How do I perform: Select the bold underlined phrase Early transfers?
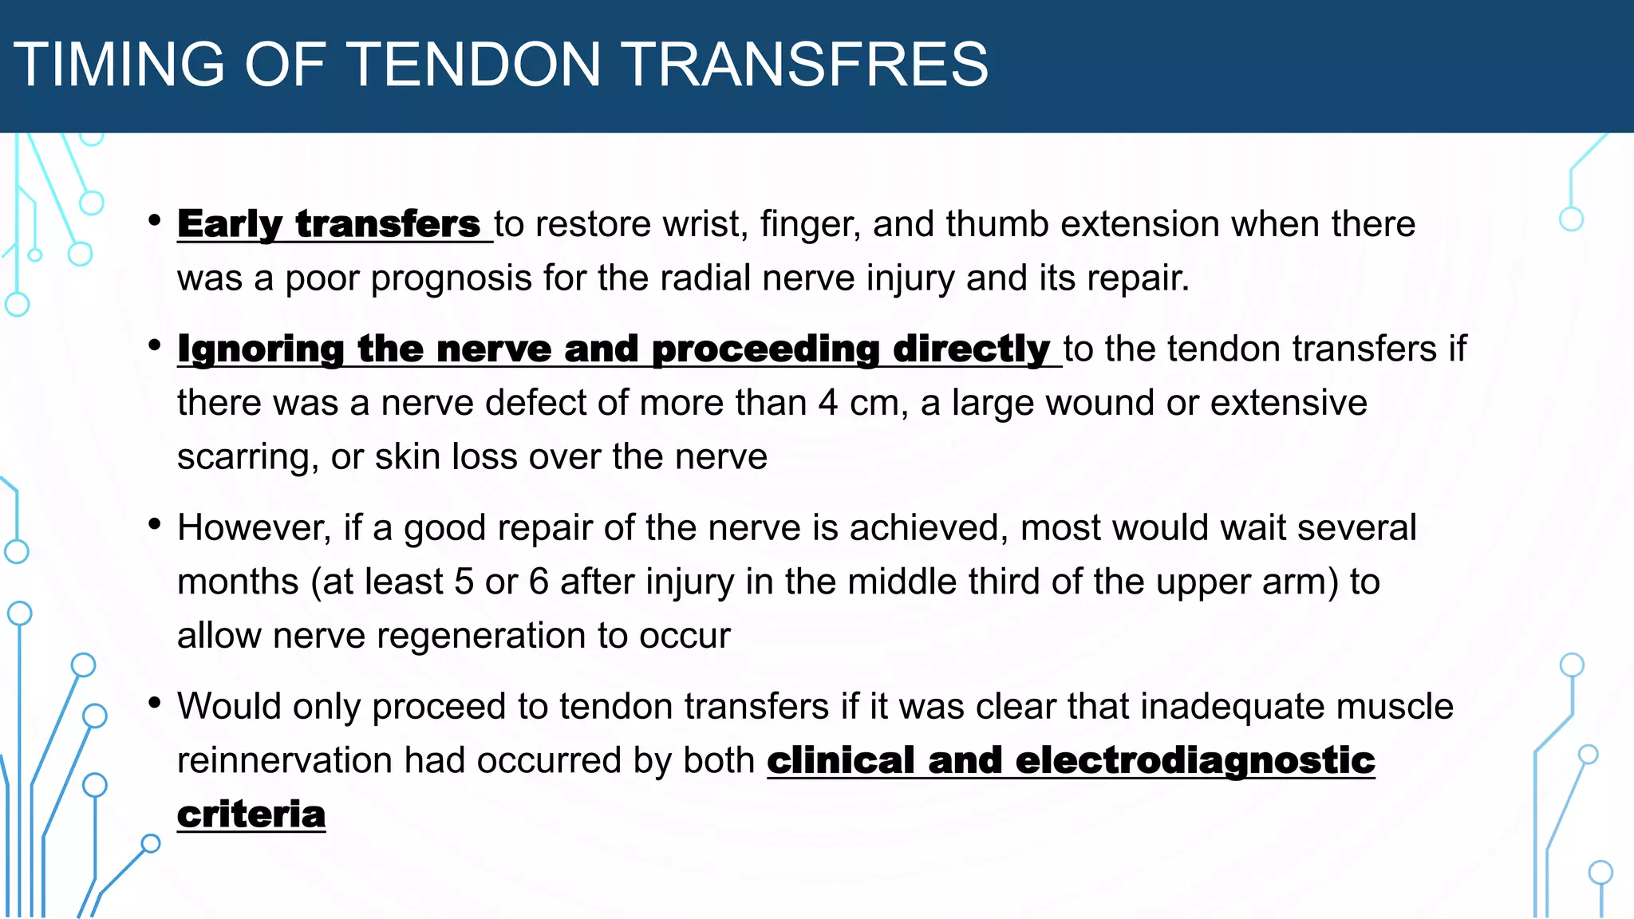[x=329, y=224]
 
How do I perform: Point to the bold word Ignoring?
[x=261, y=349]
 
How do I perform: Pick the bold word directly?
[x=971, y=349]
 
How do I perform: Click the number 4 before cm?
[x=828, y=403]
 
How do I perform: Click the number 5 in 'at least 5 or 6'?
[x=464, y=582]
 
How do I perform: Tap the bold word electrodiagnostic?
[x=1194, y=760]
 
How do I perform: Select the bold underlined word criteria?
[x=251, y=814]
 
